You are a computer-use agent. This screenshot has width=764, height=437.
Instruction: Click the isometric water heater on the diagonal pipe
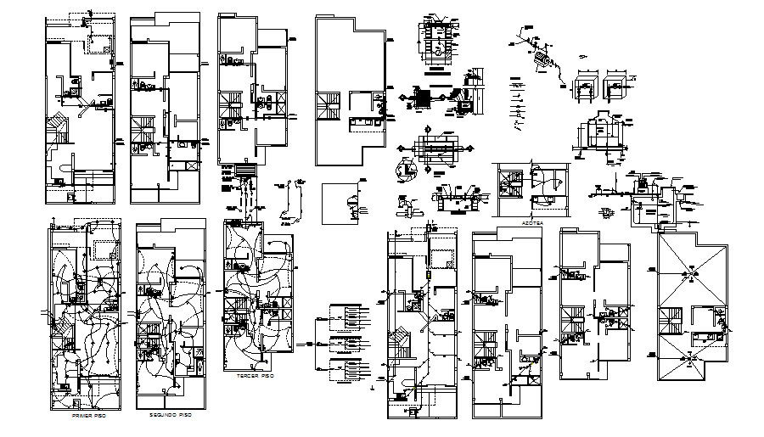tap(540, 58)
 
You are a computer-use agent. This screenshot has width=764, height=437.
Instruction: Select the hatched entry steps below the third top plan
tap(245, 173)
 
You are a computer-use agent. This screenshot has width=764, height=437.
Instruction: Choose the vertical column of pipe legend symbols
tap(517, 106)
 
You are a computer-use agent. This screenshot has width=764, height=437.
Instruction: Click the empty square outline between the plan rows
tap(345, 204)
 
